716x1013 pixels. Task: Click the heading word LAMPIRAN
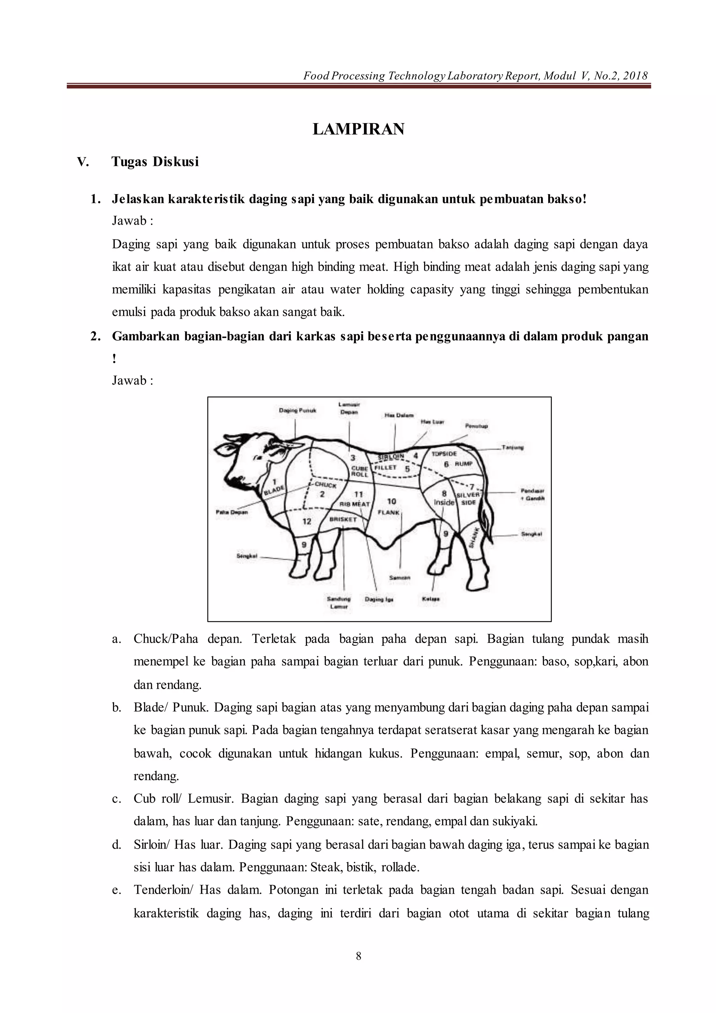coord(358,129)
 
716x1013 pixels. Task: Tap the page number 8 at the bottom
coord(358,956)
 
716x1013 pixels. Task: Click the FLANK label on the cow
coord(388,512)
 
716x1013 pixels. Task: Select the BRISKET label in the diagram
coord(343,520)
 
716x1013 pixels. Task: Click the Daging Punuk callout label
coord(298,410)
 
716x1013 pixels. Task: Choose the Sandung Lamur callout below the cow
coord(339,603)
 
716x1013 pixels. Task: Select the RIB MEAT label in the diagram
coord(355,504)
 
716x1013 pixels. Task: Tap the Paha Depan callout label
coord(231,512)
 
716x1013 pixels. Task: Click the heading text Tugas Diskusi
coord(155,162)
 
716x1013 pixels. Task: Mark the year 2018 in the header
coord(635,76)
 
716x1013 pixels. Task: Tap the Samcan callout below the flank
coord(400,578)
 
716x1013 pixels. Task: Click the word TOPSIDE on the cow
coord(444,454)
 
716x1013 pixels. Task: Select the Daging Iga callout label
coord(379,599)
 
